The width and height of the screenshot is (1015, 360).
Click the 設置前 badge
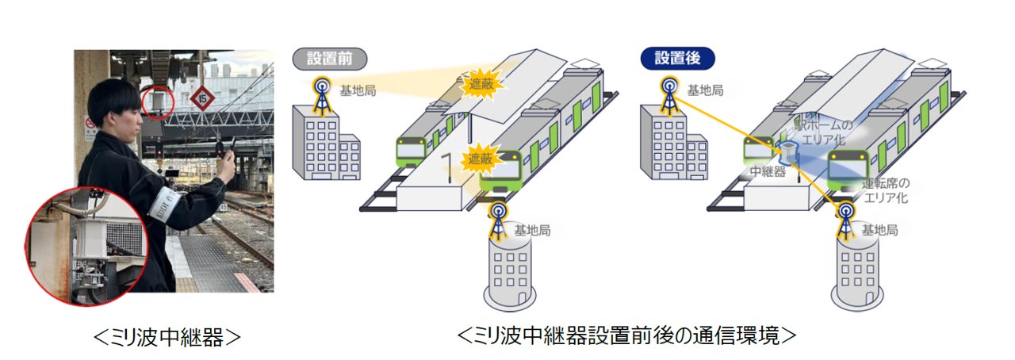click(328, 58)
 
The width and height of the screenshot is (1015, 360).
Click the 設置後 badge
click(676, 58)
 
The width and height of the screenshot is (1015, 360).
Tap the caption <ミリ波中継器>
click(167, 336)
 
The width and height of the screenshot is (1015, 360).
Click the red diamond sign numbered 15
click(202, 98)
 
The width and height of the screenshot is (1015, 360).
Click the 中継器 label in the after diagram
click(768, 171)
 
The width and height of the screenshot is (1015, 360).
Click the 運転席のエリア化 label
click(885, 190)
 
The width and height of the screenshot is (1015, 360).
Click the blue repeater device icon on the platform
click(790, 151)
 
